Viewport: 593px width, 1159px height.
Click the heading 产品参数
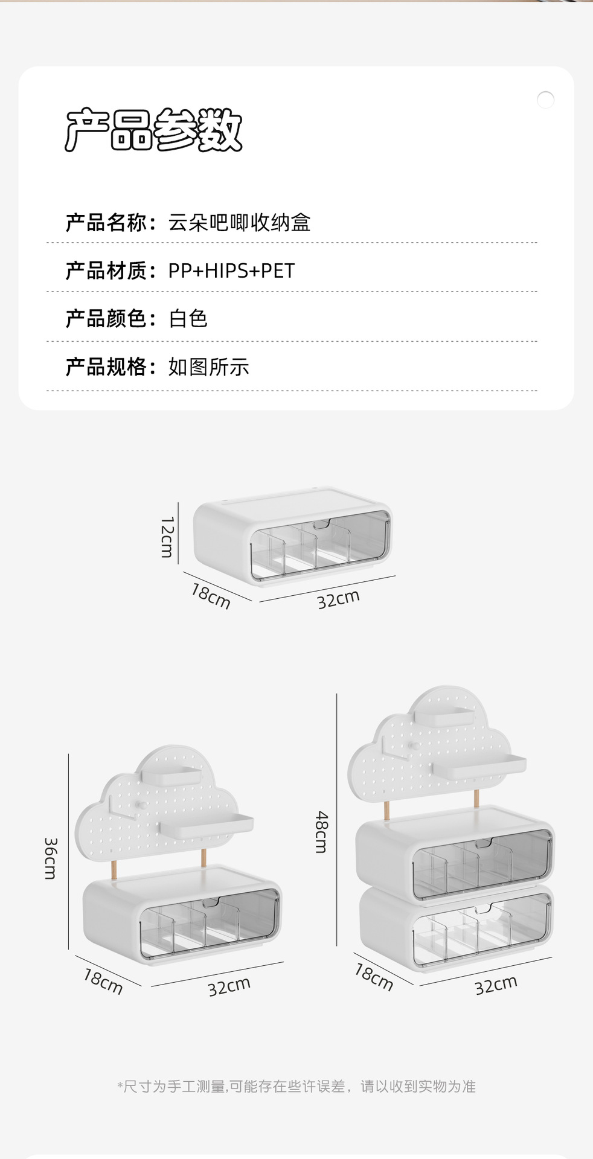[x=153, y=130]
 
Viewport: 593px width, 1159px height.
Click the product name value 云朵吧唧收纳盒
[x=239, y=223]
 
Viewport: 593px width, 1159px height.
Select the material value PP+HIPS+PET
[x=231, y=271]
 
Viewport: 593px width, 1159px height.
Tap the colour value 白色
[x=188, y=319]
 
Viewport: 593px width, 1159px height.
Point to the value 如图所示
[x=208, y=367]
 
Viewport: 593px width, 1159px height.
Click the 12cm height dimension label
[x=167, y=537]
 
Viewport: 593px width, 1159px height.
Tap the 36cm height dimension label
[x=51, y=858]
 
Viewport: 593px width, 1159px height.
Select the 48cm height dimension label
[x=322, y=831]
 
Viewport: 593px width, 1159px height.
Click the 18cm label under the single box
[x=211, y=595]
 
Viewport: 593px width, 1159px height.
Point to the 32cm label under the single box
[x=338, y=599]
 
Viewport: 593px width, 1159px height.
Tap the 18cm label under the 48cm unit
[x=374, y=977]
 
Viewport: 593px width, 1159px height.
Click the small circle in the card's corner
[x=545, y=100]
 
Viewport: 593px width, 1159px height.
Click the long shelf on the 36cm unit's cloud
[x=207, y=825]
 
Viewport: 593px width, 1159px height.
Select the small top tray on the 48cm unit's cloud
[x=444, y=717]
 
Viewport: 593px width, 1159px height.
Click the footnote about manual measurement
[x=296, y=1087]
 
